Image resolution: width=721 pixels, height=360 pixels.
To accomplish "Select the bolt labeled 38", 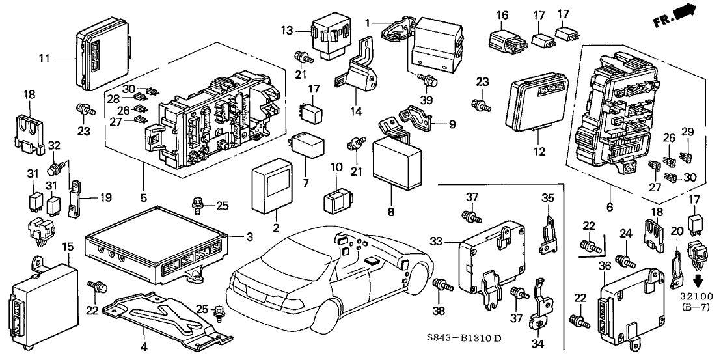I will click(440, 284).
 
